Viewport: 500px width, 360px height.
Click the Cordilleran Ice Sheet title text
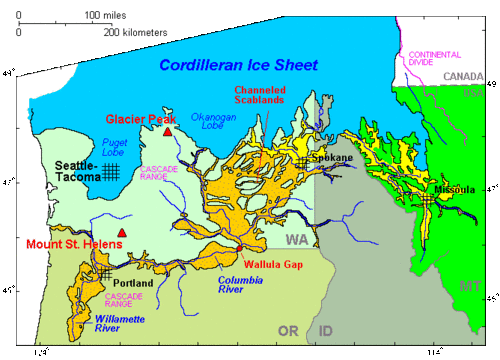(x=238, y=65)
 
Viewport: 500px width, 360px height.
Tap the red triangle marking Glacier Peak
(x=167, y=131)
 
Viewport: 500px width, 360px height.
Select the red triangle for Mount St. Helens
(x=122, y=233)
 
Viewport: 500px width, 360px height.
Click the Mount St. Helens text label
(x=58, y=244)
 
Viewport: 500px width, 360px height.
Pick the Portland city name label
(x=132, y=283)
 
